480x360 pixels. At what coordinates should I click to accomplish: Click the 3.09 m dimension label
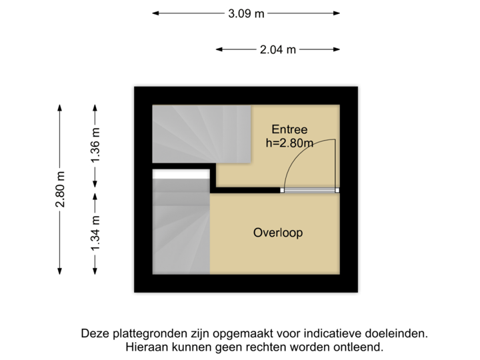point(246,13)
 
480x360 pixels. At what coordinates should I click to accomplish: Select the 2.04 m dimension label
point(277,49)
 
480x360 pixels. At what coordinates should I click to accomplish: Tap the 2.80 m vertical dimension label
point(61,189)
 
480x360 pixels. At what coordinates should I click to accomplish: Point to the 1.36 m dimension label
point(95,145)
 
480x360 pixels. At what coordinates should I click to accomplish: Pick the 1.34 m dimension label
point(95,233)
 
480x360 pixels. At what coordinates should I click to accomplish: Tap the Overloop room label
point(278,233)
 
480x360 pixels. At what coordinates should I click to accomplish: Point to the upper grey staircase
point(200,133)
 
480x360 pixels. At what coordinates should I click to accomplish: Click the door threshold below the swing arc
point(309,190)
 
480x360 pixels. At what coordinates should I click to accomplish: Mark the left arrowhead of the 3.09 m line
point(155,13)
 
